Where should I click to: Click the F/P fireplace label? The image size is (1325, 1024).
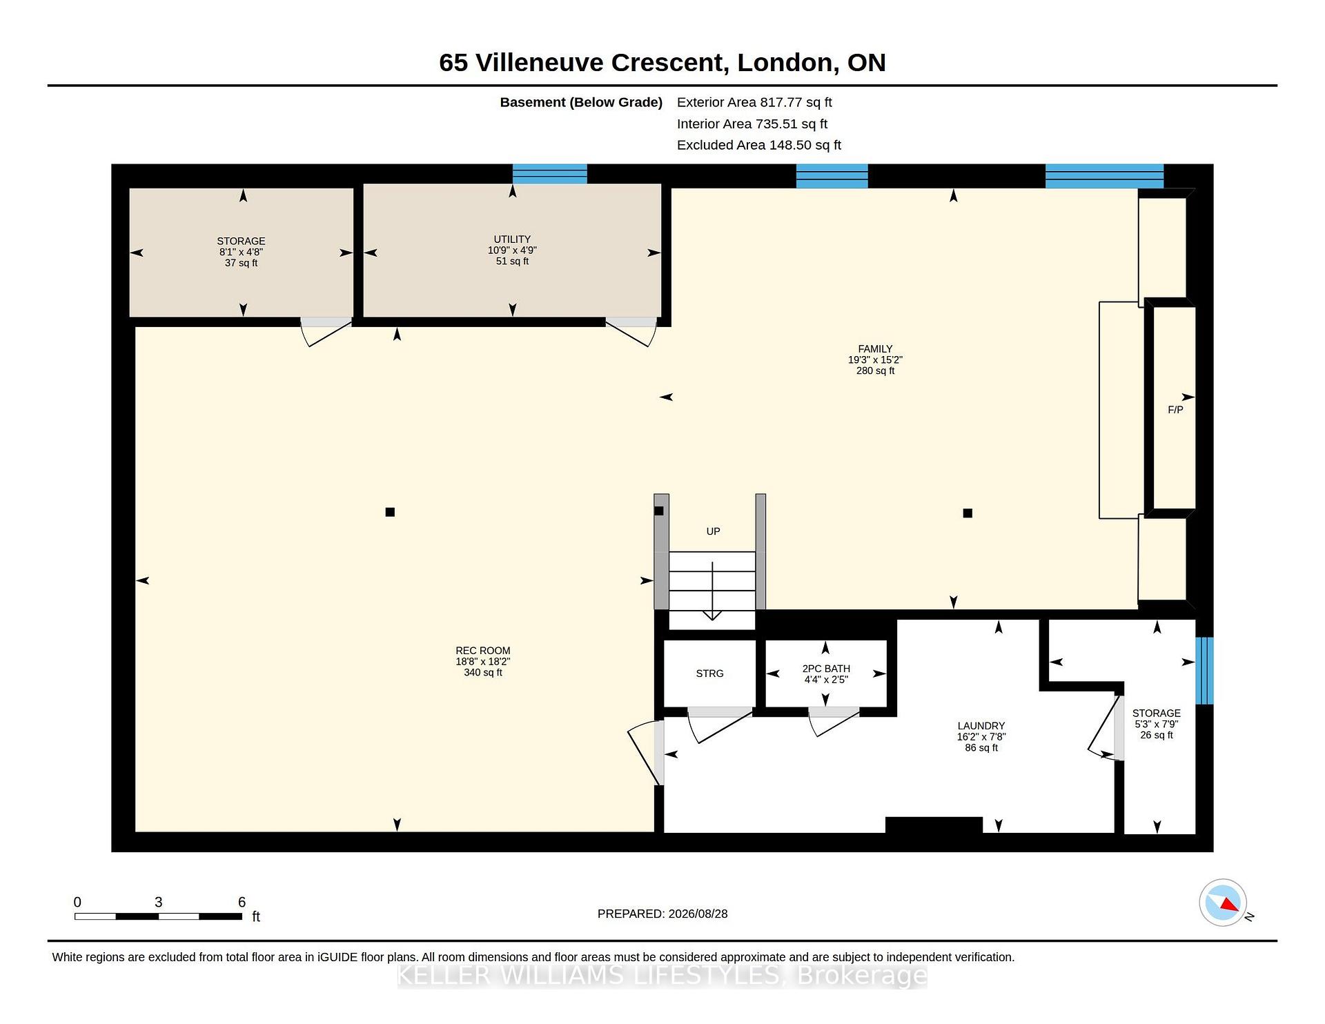1175,410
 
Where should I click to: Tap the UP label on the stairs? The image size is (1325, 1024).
713,531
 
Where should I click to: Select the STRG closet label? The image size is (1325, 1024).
709,673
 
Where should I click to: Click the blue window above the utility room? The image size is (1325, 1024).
550,174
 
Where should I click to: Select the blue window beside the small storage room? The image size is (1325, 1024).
1204,671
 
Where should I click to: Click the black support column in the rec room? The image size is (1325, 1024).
390,512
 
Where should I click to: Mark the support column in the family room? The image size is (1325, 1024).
968,513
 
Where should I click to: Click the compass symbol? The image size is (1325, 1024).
1223,903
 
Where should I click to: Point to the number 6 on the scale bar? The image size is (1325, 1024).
242,902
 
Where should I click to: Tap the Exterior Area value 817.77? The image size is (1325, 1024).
781,102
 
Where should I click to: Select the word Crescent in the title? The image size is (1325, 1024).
668,62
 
